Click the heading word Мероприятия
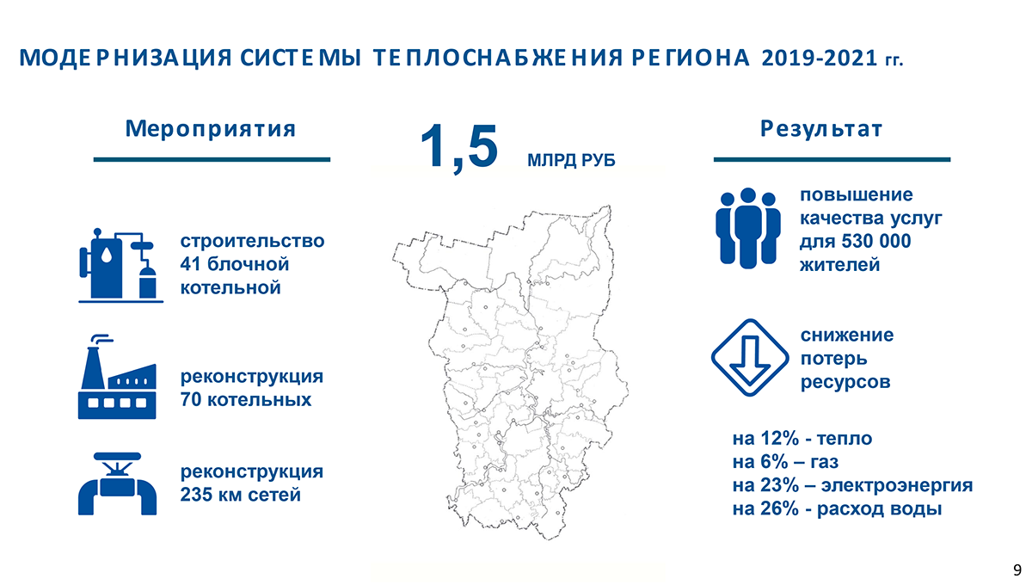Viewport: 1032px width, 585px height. tap(211, 129)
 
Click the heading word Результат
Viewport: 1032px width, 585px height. tap(821, 129)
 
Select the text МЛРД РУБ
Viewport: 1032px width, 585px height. tap(571, 161)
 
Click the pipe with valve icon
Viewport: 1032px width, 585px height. tap(118, 484)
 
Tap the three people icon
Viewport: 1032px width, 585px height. tap(748, 228)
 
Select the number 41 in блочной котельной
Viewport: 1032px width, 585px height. tap(191, 263)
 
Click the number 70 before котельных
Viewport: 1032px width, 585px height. tap(191, 400)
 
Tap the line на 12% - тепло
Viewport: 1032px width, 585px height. tap(802, 439)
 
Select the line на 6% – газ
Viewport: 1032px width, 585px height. tap(785, 462)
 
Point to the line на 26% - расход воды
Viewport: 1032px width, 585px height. tap(837, 508)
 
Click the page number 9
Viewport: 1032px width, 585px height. tap(1017, 570)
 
